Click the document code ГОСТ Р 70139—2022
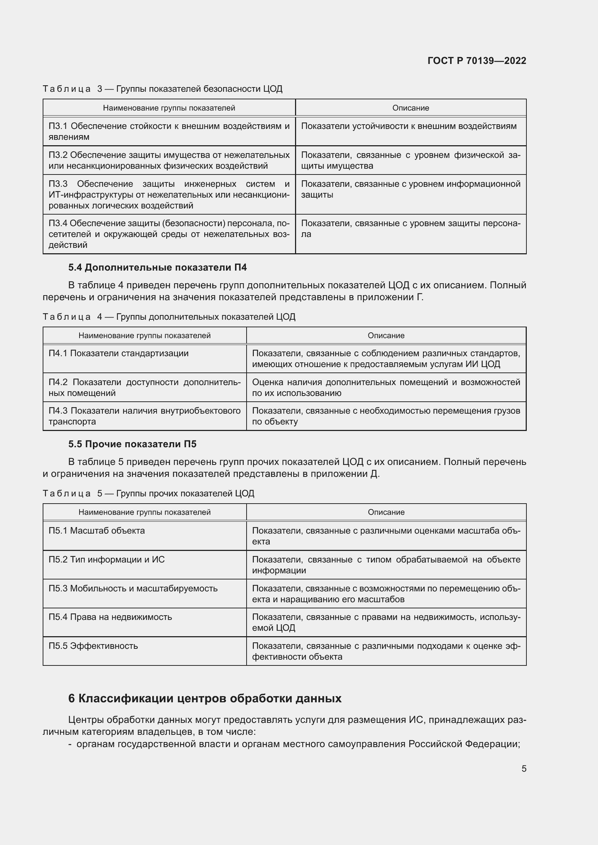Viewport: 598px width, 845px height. click(x=477, y=61)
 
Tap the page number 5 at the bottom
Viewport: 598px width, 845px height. click(x=524, y=768)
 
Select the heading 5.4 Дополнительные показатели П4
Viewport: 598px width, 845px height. click(x=157, y=268)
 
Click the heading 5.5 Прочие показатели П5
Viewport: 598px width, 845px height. click(x=132, y=444)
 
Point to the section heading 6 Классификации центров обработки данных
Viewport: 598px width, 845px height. click(x=205, y=698)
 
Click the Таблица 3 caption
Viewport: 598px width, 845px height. click(x=162, y=89)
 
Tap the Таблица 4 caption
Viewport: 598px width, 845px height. click(x=168, y=317)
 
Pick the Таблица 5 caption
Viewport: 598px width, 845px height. click(x=148, y=493)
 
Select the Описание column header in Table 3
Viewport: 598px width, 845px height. click(x=411, y=108)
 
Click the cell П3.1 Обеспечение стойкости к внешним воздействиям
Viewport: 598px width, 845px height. click(x=168, y=132)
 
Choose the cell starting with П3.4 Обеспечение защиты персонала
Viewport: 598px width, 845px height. click(x=168, y=234)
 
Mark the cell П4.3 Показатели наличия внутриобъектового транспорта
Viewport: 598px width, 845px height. click(x=144, y=416)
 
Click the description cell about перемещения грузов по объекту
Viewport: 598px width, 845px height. click(x=385, y=416)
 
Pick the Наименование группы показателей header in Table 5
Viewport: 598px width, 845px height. click(x=144, y=512)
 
